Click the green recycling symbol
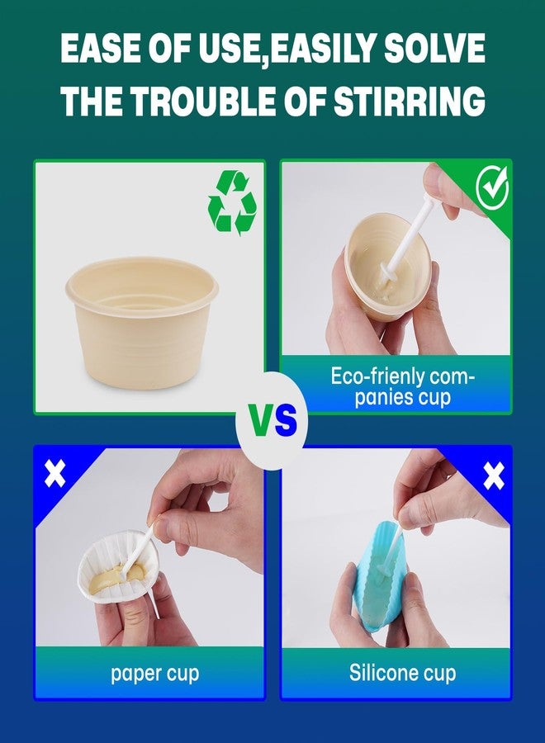tap(232, 203)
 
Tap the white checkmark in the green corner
tap(492, 188)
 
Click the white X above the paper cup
tap(55, 473)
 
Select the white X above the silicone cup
tap(495, 476)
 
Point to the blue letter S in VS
tap(285, 421)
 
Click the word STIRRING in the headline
tap(409, 101)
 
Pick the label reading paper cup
tap(154, 674)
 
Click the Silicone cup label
tap(402, 672)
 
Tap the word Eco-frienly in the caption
tap(377, 377)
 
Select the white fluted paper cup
tap(118, 566)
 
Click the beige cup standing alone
tap(142, 322)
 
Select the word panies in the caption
tap(377, 398)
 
